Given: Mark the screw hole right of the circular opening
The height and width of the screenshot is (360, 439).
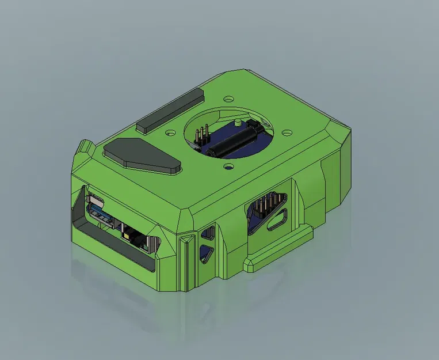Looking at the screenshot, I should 286,132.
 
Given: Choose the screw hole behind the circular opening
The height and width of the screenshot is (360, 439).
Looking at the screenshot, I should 228,98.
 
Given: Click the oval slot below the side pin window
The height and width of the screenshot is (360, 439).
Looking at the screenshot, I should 280,219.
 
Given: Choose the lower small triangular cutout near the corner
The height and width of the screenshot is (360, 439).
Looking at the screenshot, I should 205,254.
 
